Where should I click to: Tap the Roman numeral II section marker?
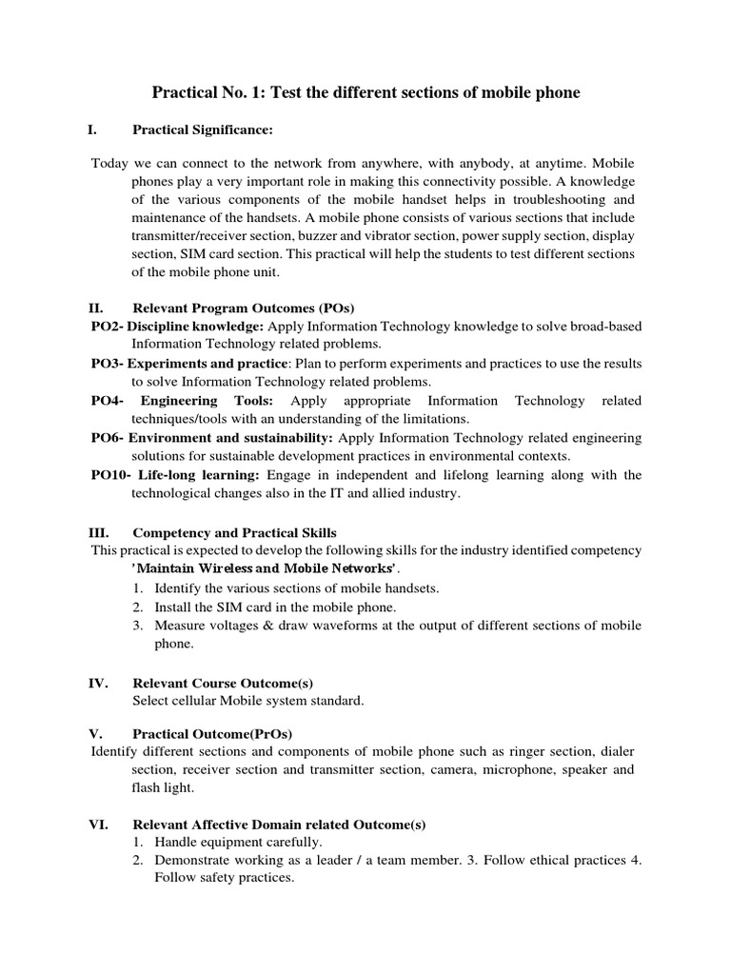pyautogui.click(x=97, y=309)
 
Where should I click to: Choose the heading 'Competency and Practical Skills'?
pyautogui.click(x=234, y=532)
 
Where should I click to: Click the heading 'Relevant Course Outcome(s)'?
pyautogui.click(x=223, y=683)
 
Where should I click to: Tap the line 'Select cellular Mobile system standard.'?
pyautogui.click(x=247, y=701)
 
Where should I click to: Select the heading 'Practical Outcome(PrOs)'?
pyautogui.click(x=212, y=733)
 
